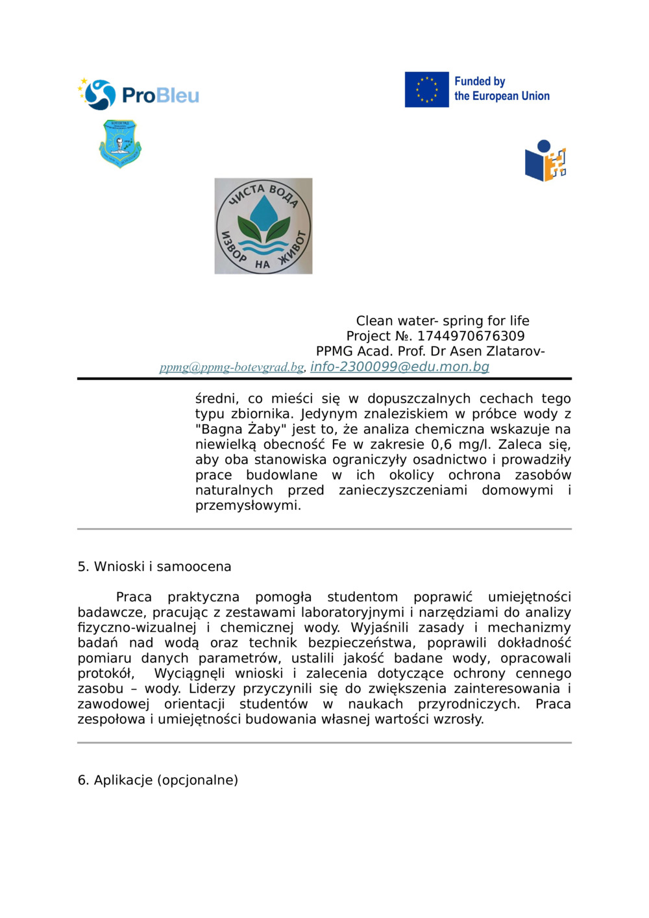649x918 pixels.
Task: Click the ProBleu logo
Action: pos(138,95)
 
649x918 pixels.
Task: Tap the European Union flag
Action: pos(426,90)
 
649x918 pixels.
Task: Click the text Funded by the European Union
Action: pos(501,89)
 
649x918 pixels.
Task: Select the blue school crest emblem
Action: pos(120,143)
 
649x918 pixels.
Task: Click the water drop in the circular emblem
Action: pos(263,211)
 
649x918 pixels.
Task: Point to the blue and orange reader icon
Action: pos(545,161)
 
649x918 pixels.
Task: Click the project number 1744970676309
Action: pos(471,336)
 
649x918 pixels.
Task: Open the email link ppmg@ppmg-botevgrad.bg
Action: pos(232,367)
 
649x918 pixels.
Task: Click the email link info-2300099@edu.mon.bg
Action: pos(399,367)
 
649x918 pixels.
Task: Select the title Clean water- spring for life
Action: pos(442,320)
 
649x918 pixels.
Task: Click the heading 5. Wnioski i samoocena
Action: pos(154,566)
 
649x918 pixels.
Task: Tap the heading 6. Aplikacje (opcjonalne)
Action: pos(158,780)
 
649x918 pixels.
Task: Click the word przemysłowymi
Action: pos(247,505)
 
